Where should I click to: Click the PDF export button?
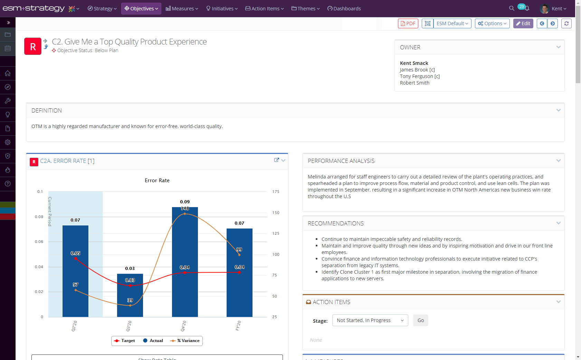pos(408,23)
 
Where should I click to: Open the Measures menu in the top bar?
pos(182,9)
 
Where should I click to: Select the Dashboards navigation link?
pos(344,9)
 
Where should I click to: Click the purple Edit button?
pos(523,23)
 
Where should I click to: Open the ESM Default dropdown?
pos(452,23)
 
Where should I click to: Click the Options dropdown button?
pos(492,23)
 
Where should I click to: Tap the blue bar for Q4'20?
pos(185,293)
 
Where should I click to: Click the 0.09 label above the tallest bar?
pos(185,202)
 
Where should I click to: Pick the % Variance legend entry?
pos(185,341)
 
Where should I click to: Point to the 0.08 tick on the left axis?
pos(39,217)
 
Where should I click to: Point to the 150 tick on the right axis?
pos(276,213)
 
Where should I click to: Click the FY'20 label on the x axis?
pos(238,325)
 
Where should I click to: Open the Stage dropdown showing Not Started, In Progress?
pos(370,320)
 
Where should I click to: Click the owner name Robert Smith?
pos(415,83)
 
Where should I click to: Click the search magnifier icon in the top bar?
pos(512,8)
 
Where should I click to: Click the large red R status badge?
pos(33,46)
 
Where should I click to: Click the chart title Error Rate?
pos(157,181)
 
